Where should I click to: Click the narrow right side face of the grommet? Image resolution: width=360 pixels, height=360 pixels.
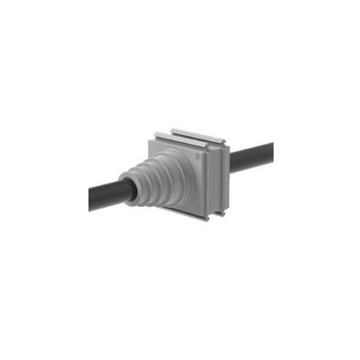coord(223,175)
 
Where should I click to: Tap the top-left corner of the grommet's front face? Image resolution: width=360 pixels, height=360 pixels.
coord(145,140)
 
